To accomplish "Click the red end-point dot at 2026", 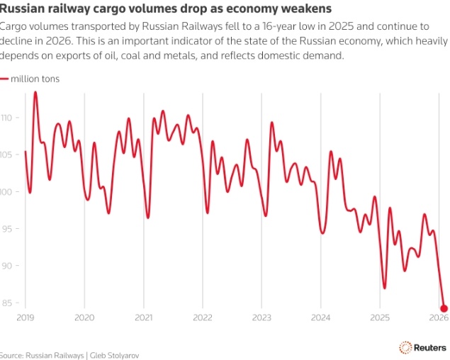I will pos(444,308).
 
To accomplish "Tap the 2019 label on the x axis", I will pos(26,318).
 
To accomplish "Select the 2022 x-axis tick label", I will pos(203,318).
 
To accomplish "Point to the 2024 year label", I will pos(321,318).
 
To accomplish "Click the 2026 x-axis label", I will pos(439,318).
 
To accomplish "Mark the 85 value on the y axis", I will pos(6,303).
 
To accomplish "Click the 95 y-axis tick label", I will pos(6,229).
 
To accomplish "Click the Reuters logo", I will pos(424,347).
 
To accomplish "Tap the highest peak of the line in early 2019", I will pos(35,93).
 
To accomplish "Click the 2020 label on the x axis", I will pos(84,318).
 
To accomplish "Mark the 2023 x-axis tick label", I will pos(261,318).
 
